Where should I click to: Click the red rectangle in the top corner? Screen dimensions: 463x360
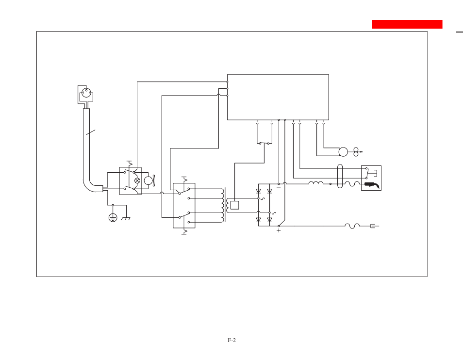click(x=407, y=24)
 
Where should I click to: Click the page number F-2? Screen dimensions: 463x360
click(x=232, y=340)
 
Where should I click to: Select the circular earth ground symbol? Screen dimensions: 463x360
click(x=113, y=218)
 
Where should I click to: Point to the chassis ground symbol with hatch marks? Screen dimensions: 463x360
click(x=126, y=218)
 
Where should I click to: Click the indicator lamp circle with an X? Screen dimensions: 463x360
click(x=137, y=180)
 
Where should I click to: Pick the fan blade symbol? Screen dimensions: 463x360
click(x=153, y=180)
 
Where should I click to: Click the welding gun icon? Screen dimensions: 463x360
click(x=372, y=185)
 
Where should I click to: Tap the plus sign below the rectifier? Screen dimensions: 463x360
click(x=279, y=230)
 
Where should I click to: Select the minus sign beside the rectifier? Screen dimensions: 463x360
click(x=279, y=188)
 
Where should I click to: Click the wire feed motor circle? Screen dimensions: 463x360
click(x=343, y=152)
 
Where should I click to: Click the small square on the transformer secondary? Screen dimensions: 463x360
click(x=235, y=205)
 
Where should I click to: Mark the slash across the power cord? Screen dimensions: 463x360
click(x=91, y=132)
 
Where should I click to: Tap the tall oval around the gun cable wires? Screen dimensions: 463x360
click(x=340, y=176)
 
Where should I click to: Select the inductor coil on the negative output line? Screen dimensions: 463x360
click(x=316, y=183)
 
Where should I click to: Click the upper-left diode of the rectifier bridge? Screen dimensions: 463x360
click(x=258, y=191)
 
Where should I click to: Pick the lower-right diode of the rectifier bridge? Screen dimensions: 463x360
click(x=269, y=220)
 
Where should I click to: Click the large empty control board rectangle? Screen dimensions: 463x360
click(x=278, y=98)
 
